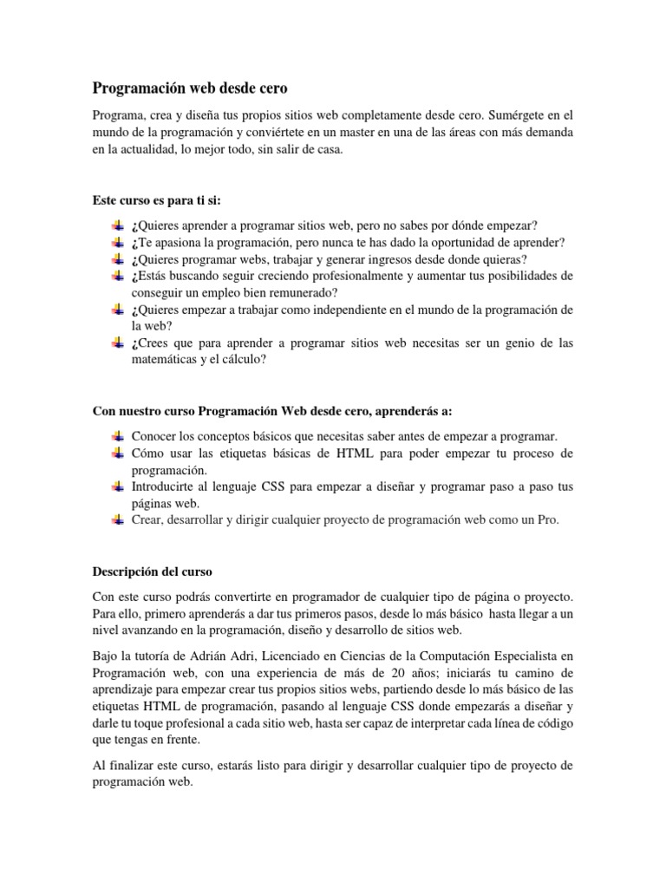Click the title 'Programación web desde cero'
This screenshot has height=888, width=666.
point(190,88)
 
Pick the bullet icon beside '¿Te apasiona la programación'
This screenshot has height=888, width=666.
point(119,242)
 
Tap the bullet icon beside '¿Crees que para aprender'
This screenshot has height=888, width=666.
point(119,343)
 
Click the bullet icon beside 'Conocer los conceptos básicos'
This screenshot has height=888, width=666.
point(119,437)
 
